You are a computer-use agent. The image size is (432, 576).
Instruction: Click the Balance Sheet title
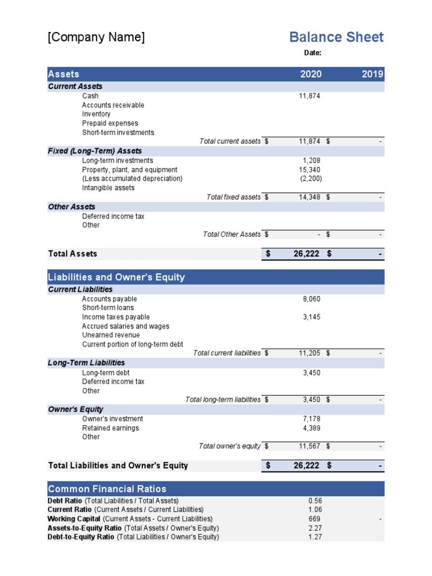coord(336,37)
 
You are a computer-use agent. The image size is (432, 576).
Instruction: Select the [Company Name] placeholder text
coord(96,37)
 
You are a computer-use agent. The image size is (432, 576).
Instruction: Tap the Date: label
coord(313,53)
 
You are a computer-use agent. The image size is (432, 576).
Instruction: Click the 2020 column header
coord(311,74)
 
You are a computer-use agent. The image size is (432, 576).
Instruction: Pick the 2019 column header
coord(372,74)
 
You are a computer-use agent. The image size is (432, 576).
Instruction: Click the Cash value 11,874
coord(309,96)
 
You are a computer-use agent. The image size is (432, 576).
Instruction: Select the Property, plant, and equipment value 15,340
coord(309,170)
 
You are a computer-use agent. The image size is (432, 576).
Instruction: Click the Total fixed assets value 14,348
coord(309,197)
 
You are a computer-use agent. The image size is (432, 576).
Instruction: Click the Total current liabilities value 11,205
coord(309,353)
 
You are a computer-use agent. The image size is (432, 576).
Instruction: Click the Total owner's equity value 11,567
coord(309,447)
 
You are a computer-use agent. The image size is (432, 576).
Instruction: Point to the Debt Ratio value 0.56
coord(315,501)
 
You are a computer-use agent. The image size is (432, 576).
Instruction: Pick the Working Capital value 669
coord(314,519)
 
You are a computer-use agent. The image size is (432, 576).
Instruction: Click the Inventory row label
coord(96,114)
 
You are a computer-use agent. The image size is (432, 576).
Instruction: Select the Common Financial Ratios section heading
coord(107,489)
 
